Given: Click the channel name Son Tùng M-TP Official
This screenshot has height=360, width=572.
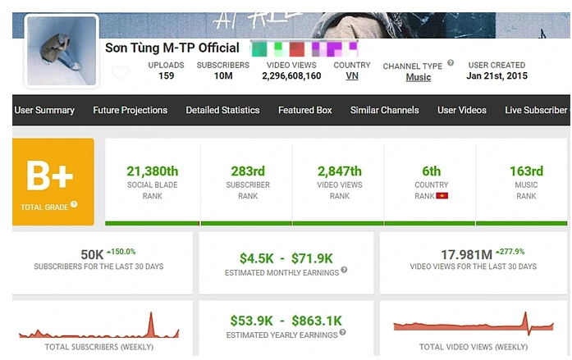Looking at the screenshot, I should tap(172, 48).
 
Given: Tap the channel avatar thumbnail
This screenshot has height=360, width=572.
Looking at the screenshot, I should tap(61, 51).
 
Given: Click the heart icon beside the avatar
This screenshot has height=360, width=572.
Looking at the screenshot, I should tap(120, 73).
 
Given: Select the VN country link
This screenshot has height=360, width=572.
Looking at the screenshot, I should tap(352, 76).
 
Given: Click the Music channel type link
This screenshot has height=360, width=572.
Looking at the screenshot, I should tap(419, 78).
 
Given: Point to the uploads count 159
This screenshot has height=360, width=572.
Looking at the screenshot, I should tap(166, 76).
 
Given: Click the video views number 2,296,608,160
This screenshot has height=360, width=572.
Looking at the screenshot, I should tap(291, 76).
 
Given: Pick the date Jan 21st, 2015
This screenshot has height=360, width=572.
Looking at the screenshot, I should tap(496, 76).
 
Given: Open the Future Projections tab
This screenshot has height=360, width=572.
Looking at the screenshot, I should tap(130, 111).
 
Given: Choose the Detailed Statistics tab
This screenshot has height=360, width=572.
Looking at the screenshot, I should tap(222, 111).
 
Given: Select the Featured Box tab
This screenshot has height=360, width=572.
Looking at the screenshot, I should tap(305, 111).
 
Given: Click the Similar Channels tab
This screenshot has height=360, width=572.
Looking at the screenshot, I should tap(384, 111).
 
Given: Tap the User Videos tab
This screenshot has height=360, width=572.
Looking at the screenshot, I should tap(462, 111).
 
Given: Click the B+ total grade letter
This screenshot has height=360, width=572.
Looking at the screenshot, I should tap(50, 176).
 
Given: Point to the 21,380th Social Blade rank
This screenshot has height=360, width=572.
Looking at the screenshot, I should tap(153, 171).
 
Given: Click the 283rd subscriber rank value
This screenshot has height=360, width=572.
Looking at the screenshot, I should tap(248, 171).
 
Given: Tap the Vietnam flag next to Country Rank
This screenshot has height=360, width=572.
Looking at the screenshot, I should tap(442, 197).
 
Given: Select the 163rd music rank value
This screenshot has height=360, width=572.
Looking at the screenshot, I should tap(526, 171).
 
